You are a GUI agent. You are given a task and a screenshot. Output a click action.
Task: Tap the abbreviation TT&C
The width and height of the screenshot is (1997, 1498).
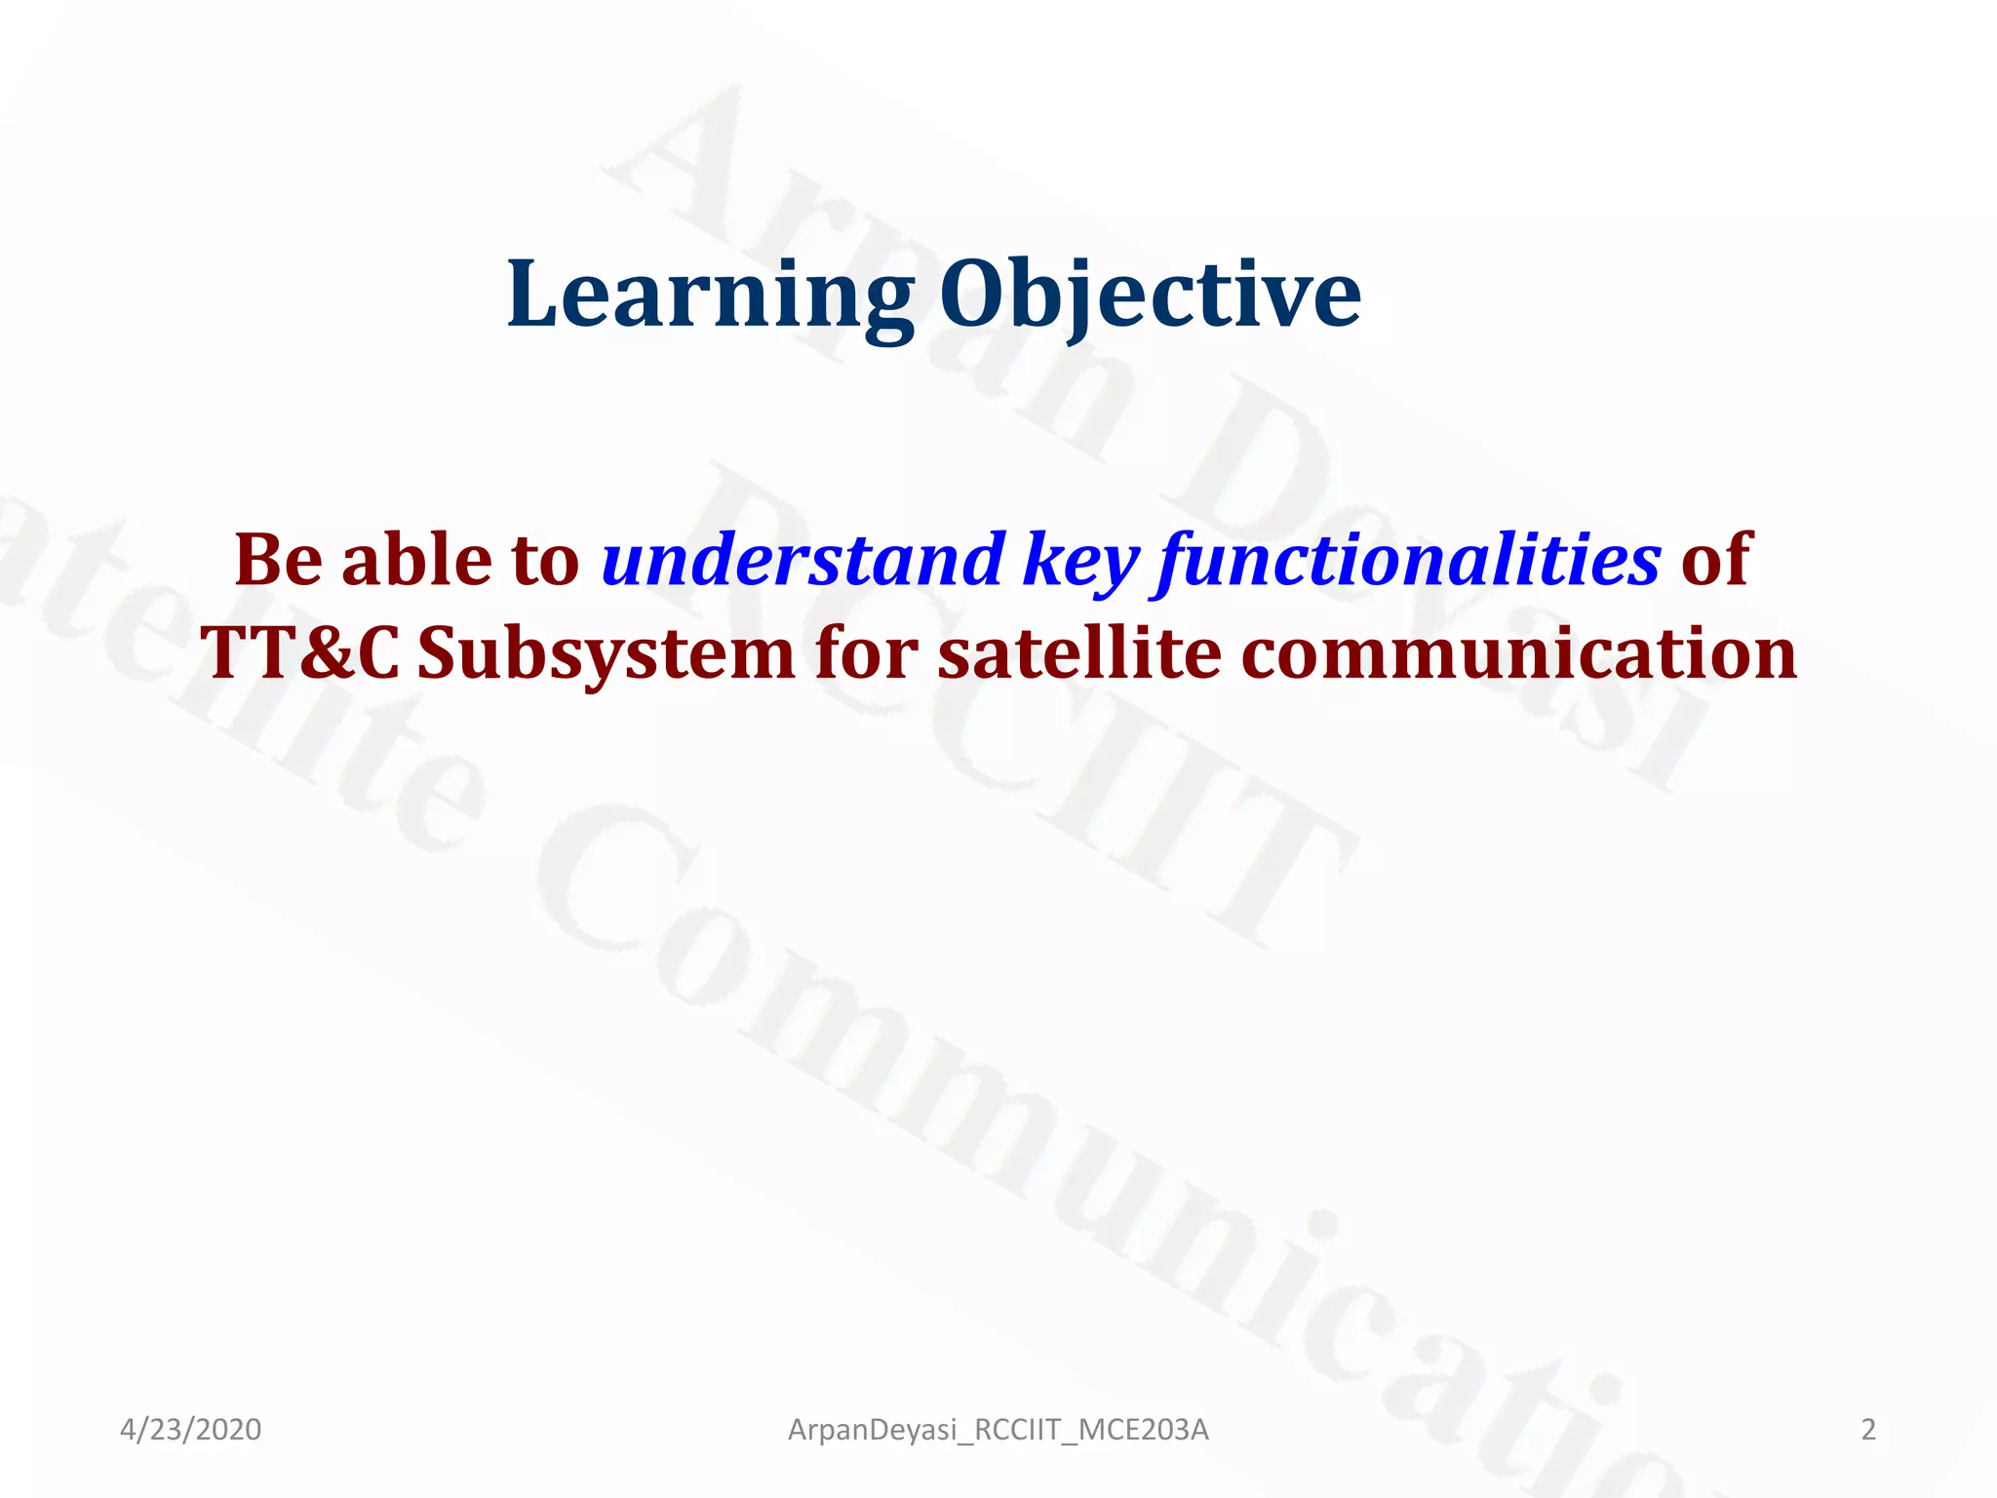point(300,653)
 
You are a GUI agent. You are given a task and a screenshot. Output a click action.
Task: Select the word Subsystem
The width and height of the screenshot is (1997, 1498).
point(606,653)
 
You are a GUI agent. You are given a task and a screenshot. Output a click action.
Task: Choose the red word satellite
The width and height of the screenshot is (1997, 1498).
point(1079,653)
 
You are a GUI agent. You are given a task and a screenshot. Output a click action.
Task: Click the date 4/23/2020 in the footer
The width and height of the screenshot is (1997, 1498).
point(190,1430)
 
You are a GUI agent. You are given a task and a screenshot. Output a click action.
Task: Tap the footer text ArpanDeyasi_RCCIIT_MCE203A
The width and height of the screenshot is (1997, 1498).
point(998,1430)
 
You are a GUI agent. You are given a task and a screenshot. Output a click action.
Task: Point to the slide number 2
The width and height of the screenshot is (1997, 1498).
point(1867,1430)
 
